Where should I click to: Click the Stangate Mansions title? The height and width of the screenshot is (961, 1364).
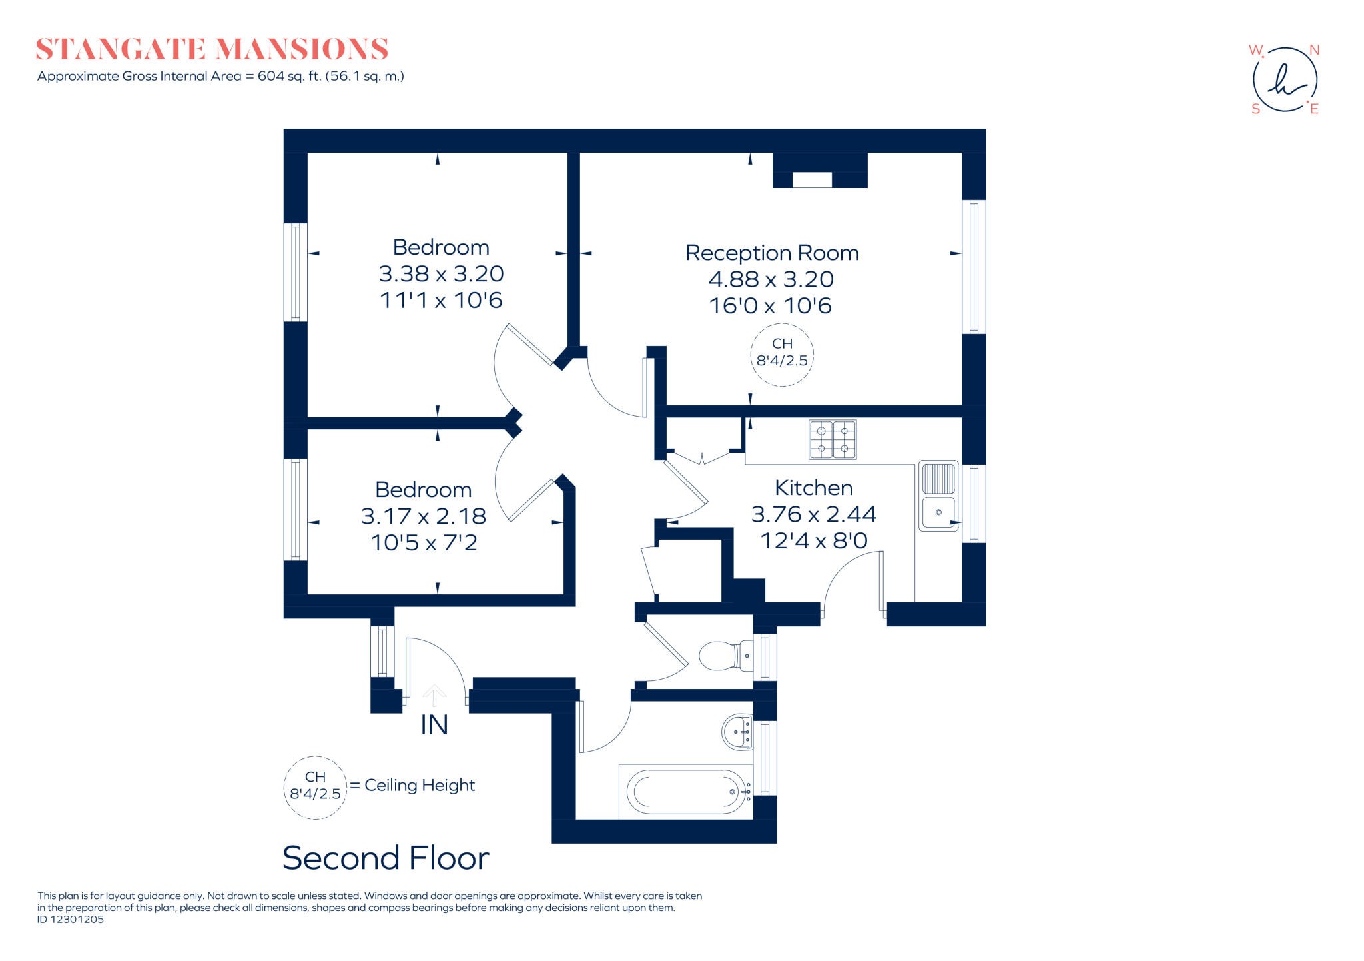[x=212, y=49]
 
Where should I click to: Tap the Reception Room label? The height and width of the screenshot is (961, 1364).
[x=771, y=253]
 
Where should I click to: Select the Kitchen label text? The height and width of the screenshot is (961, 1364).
[x=813, y=488]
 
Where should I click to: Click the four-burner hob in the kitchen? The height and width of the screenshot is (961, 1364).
[x=833, y=439]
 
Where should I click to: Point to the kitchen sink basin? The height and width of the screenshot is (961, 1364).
[x=938, y=512]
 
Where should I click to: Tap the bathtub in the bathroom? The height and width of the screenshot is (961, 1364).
[x=686, y=792]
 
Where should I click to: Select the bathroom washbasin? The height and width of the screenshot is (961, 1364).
[x=737, y=732]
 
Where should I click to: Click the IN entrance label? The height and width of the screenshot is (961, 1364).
[x=434, y=725]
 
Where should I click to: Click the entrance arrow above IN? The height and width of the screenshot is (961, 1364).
[x=434, y=694]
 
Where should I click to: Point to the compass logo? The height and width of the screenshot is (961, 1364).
[x=1285, y=79]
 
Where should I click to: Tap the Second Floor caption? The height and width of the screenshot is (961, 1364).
[x=386, y=858]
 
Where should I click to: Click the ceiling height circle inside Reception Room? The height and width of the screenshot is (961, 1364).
[x=782, y=353]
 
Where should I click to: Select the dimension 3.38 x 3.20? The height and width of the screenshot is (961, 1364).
[x=441, y=274]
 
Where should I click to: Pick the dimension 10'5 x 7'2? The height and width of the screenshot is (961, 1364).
[x=424, y=542]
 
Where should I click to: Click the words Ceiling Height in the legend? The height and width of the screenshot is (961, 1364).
[x=420, y=785]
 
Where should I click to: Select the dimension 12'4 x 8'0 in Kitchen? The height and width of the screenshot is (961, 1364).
[x=813, y=540]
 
